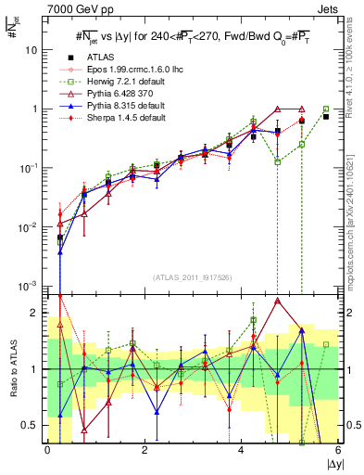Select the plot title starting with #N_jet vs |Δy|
(191, 36)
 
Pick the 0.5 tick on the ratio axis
(33, 425)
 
